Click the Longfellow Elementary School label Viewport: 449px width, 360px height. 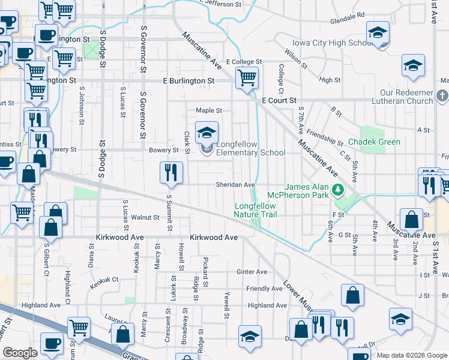[x=250, y=148]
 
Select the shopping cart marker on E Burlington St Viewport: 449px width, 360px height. [x=247, y=77]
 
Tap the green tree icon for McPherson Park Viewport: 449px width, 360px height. [x=337, y=190]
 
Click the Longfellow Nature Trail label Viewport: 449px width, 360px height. [x=255, y=210]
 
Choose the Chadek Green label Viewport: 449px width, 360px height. [x=374, y=142]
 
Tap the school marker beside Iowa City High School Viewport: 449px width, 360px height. [x=378, y=32]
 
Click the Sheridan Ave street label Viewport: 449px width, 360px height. [x=236, y=185]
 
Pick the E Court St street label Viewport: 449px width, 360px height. [x=279, y=101]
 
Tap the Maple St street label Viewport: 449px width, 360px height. [x=209, y=110]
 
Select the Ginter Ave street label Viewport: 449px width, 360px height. [x=252, y=272]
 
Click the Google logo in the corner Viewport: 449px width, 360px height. [x=20, y=353]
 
